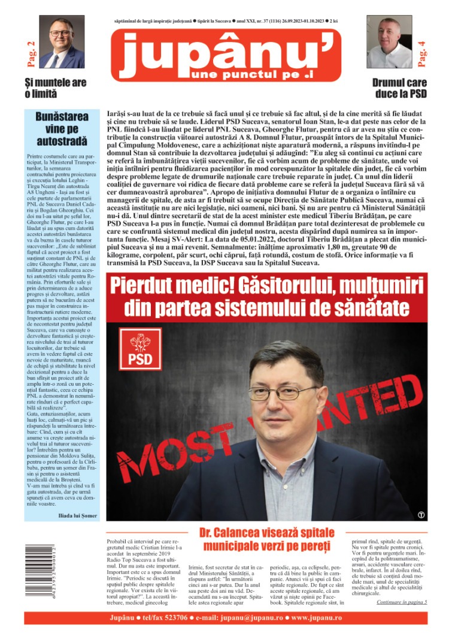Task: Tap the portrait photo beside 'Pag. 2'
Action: pyautogui.click(x=62, y=42)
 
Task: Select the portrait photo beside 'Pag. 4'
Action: pyautogui.click(x=389, y=42)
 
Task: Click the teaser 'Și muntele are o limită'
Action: pyautogui.click(x=55, y=88)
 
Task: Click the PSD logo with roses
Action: pyautogui.click(x=140, y=348)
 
